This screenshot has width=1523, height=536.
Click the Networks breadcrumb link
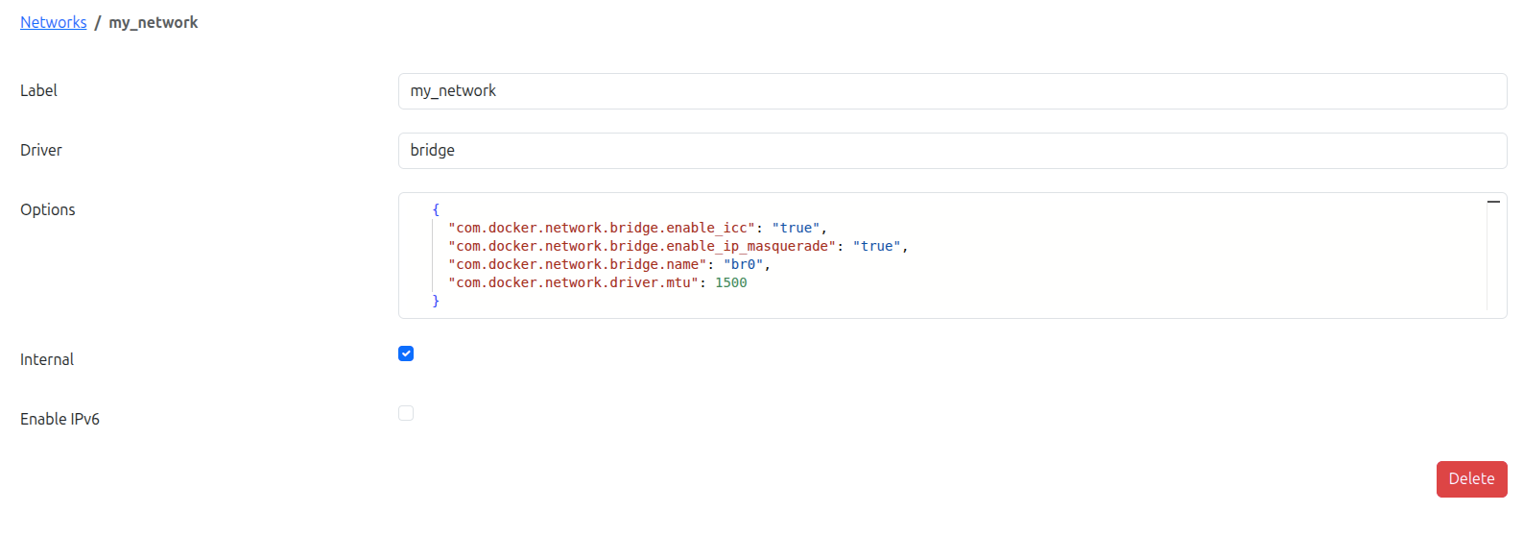point(53,22)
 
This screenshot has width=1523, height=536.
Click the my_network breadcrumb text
point(153,22)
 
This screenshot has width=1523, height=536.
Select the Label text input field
point(952,91)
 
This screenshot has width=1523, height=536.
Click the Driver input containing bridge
point(952,150)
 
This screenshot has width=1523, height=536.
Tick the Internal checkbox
point(406,353)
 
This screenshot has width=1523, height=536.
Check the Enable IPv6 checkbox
point(406,414)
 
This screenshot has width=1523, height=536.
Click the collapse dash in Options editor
point(1493,202)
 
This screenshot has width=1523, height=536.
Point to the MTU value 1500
point(731,283)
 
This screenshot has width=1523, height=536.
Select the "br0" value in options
point(743,264)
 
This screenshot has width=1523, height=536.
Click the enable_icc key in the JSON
point(602,228)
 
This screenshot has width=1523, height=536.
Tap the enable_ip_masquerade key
point(642,246)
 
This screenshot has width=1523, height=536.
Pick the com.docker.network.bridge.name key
point(578,264)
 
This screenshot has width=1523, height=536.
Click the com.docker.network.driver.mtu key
point(573,283)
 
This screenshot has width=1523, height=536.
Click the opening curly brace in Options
point(436,209)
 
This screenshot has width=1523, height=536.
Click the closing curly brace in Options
point(436,301)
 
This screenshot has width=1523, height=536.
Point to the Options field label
point(48,209)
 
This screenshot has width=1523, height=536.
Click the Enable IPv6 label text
point(59,419)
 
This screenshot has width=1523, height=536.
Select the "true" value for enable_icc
point(796,228)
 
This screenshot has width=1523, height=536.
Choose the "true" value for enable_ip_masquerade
point(876,246)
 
